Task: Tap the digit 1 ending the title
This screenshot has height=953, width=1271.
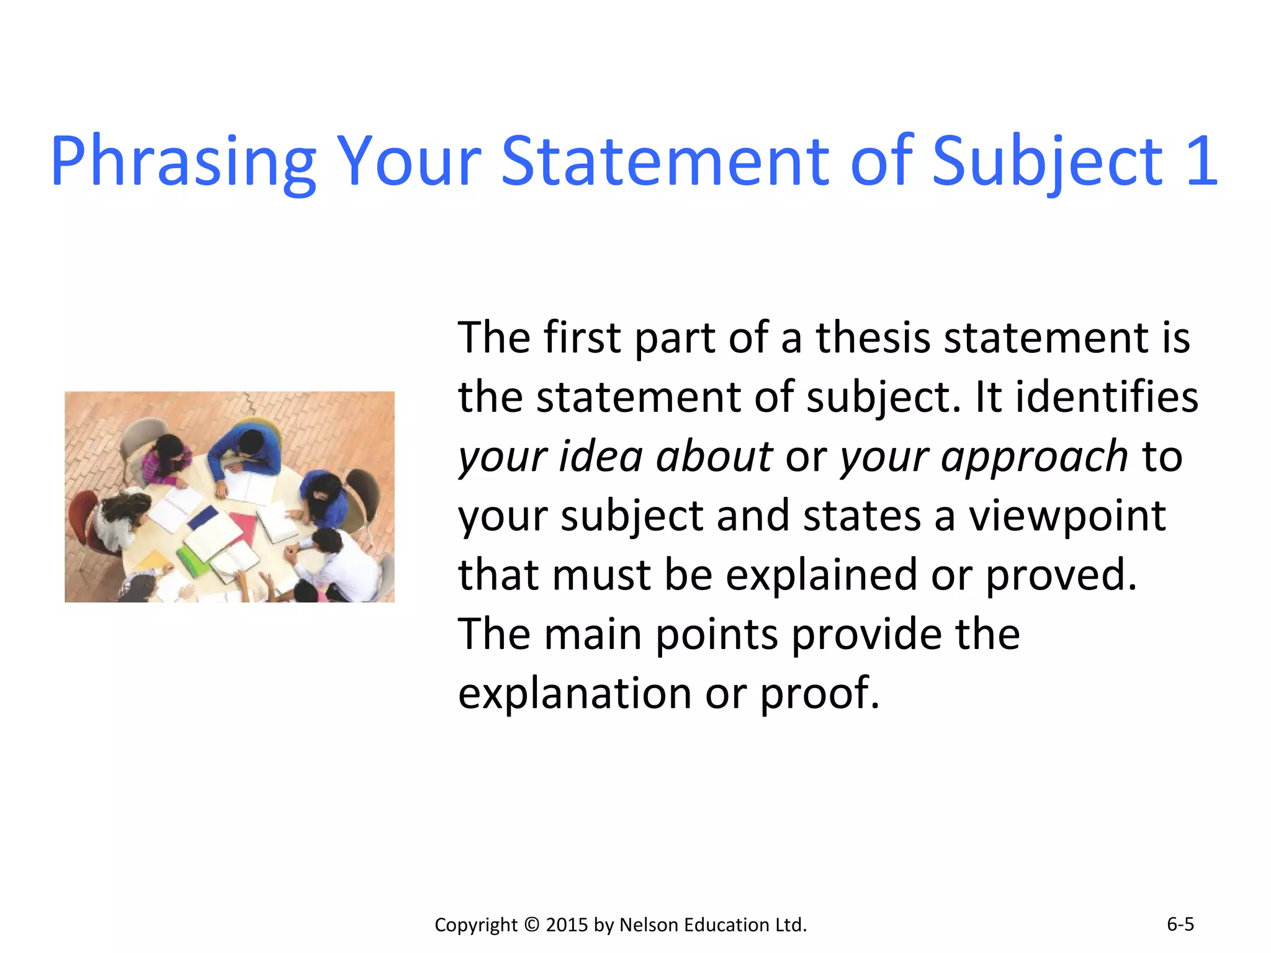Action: point(1202,161)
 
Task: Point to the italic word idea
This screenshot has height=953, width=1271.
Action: point(600,457)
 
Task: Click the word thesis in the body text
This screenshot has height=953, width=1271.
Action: point(873,338)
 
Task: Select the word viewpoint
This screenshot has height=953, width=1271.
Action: point(1067,516)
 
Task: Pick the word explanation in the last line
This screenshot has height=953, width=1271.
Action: point(575,693)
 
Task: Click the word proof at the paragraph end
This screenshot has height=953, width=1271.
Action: point(819,693)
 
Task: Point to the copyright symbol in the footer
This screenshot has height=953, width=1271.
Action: point(532,924)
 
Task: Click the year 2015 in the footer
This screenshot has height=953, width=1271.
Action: point(567,924)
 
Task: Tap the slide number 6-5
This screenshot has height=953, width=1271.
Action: point(1180,924)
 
